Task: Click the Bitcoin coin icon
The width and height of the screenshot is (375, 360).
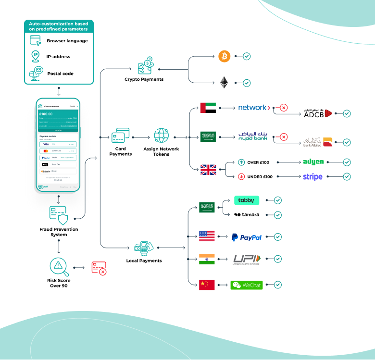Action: [x=224, y=56]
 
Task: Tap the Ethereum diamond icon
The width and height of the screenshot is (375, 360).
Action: [x=224, y=83]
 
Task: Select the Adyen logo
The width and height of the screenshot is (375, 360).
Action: [x=313, y=162]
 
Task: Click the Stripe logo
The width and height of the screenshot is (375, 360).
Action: [x=312, y=176]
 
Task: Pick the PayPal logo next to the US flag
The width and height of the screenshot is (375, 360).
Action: [x=246, y=237]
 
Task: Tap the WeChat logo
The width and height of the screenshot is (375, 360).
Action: [x=247, y=285]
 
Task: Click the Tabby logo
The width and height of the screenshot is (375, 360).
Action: [x=247, y=200]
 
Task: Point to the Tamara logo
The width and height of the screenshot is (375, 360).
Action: [x=247, y=214]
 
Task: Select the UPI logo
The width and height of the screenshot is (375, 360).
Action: [x=247, y=259]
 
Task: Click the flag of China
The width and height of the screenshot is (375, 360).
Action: [x=207, y=285]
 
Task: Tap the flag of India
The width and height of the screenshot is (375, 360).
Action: [x=207, y=259]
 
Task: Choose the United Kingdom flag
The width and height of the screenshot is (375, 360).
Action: [x=208, y=170]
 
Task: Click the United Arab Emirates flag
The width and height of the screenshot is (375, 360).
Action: [x=208, y=108]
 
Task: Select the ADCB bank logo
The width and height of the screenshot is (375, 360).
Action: [x=318, y=113]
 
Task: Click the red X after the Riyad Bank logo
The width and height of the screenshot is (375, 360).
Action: [x=284, y=137]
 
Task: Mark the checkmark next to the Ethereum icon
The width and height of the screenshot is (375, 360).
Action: [x=247, y=83]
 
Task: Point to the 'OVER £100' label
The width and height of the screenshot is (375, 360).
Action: [x=260, y=162]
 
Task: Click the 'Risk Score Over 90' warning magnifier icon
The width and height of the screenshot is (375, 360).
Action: [x=59, y=266]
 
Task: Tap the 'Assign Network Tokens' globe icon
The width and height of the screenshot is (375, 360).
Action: [x=162, y=136]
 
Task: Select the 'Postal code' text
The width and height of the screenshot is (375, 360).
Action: [x=60, y=74]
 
